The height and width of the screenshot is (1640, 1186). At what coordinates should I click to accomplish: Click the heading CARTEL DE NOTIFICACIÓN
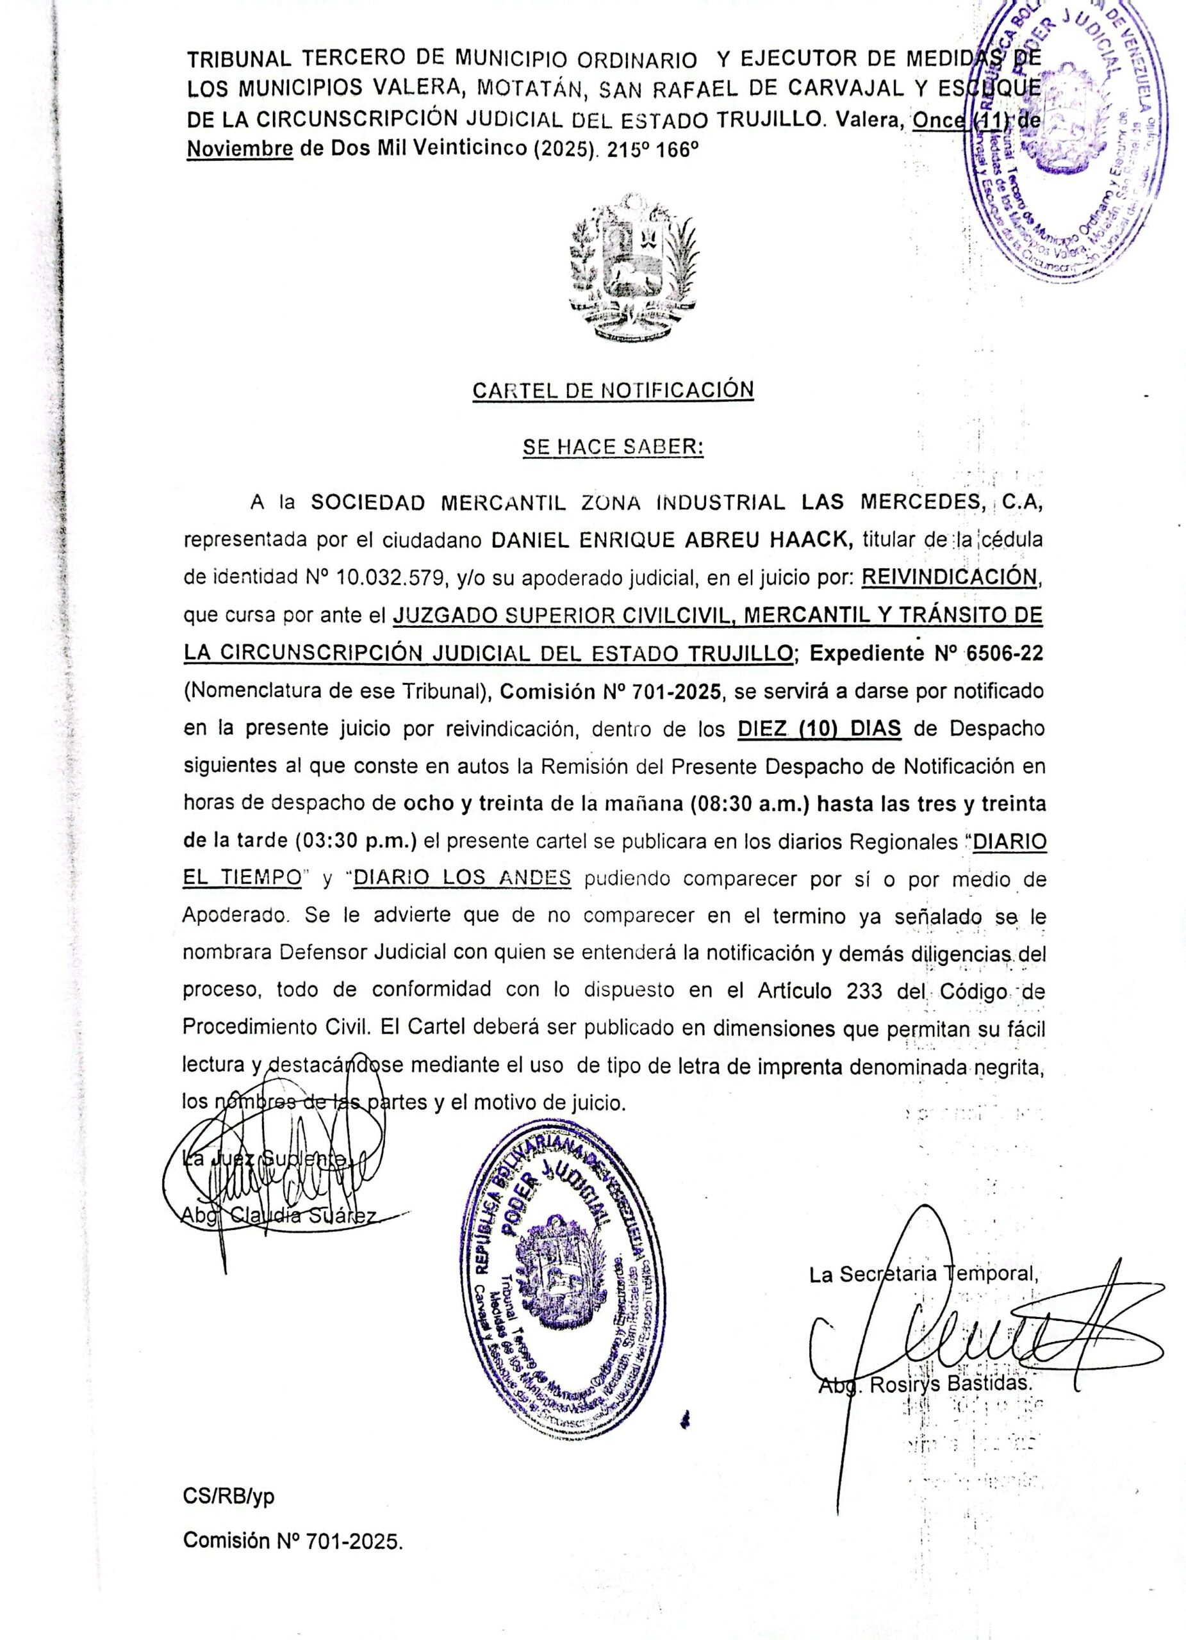(x=613, y=391)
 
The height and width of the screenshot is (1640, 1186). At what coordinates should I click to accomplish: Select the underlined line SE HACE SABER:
(x=613, y=448)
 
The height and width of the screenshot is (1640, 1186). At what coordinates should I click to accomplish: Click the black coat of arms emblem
(x=635, y=267)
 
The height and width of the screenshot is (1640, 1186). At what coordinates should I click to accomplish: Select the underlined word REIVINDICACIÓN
(x=952, y=577)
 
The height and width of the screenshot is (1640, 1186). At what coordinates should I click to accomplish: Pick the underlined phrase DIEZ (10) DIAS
(x=819, y=728)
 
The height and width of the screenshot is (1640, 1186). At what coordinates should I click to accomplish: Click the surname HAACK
(x=811, y=539)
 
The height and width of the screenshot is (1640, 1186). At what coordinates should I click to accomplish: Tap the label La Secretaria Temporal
(x=923, y=1274)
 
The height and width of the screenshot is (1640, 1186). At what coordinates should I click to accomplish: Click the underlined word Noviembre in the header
(x=240, y=149)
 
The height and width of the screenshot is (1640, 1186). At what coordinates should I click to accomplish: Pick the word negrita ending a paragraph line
(x=1008, y=1067)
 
